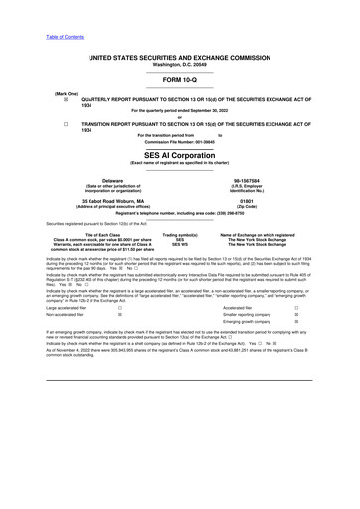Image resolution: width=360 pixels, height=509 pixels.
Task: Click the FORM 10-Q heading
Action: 179,79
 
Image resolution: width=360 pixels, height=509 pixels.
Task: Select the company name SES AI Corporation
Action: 179,156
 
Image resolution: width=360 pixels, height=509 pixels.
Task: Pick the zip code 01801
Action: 262,200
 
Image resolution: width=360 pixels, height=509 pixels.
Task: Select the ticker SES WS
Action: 180,244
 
